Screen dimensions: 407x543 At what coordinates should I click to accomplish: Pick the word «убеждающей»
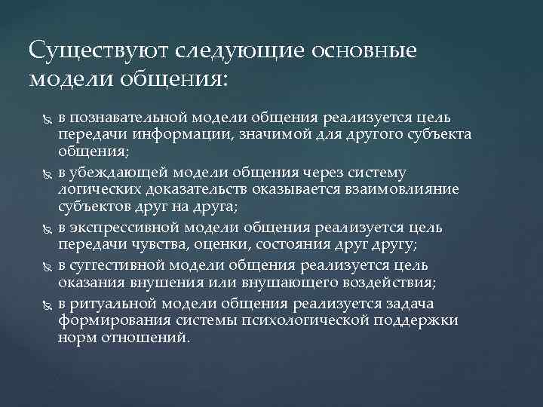click(120, 172)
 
